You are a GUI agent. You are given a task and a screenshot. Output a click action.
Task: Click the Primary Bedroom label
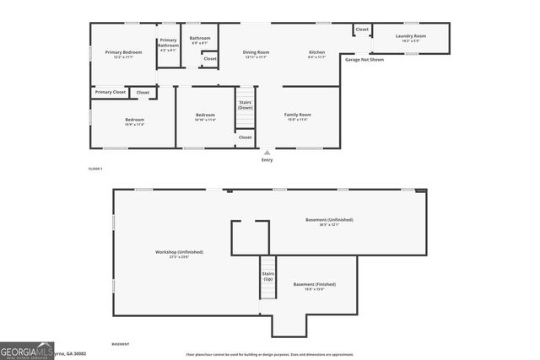pos(124,52)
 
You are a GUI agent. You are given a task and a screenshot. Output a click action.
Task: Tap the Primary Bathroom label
pos(169,42)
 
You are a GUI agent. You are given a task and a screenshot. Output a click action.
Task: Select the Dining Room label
pos(256,52)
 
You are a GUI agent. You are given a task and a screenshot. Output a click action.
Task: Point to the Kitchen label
pos(316,52)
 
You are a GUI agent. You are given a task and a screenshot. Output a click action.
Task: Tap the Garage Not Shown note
pos(364,60)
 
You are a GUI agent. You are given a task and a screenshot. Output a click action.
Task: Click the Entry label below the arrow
pos(267,159)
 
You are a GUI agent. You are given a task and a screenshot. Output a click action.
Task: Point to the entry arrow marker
pos(267,152)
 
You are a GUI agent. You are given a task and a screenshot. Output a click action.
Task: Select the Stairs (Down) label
pos(245,105)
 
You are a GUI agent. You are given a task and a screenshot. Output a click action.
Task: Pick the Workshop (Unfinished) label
pos(179,252)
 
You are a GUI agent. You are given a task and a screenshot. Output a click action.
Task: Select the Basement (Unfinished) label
pos(329,220)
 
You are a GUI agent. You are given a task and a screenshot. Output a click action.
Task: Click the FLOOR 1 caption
pos(95,169)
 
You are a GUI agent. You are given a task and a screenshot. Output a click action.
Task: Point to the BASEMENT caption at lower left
pos(121,344)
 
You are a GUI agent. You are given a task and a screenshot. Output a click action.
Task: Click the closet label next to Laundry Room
pos(362,30)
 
